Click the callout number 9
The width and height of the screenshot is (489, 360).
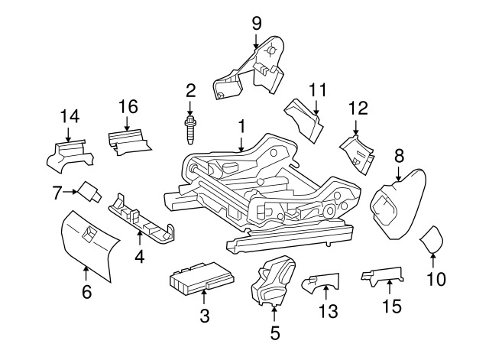[257, 22]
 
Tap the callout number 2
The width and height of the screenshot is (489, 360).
[190, 91]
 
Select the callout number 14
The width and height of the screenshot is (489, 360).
[70, 115]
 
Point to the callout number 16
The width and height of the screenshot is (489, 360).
[127, 106]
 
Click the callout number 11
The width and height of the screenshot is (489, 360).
[317, 89]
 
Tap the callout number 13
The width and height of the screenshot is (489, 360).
[327, 311]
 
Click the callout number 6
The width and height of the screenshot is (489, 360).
[86, 290]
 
